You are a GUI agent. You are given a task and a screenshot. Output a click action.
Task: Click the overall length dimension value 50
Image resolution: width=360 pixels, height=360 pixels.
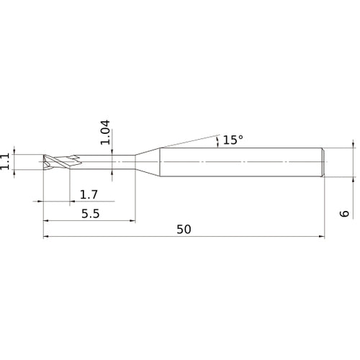184,229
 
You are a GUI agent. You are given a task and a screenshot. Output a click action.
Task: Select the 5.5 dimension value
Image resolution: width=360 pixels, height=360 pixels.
89,214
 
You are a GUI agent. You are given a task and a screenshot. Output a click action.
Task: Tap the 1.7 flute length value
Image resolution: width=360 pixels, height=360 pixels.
89,194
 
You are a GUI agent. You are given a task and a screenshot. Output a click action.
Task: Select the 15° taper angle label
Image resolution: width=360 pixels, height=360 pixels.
233,140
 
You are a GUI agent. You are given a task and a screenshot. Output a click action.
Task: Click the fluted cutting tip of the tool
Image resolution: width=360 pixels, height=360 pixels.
55,162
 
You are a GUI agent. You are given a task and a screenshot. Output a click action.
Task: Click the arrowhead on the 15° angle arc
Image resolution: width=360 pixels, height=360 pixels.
217,143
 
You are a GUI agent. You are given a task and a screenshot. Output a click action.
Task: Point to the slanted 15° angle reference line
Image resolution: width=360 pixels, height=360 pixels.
187,140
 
